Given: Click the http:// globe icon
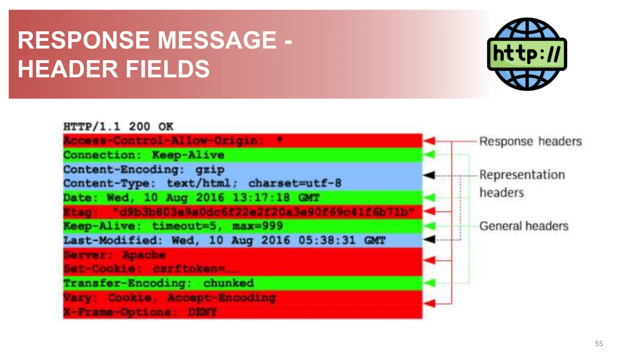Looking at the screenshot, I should pos(527,54).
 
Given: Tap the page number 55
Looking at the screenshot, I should pos(599,344).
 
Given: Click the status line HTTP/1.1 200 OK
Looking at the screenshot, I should pos(118,127).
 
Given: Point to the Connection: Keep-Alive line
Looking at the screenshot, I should pos(144,155).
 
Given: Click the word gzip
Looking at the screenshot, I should pos(210,169).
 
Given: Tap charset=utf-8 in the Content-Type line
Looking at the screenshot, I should pos(295,183).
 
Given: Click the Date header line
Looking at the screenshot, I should pos(191,197).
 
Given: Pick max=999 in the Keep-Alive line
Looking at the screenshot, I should pos(257,226).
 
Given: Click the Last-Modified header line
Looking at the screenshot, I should pos(224,240).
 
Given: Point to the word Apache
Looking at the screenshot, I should pos(144,255).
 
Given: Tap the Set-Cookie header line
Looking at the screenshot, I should pos(150,269).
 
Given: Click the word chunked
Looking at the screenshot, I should pos(228,283).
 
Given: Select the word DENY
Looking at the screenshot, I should pos(202,312).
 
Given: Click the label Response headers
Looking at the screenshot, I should pos(530,141).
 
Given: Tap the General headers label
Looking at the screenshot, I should pos(524,226).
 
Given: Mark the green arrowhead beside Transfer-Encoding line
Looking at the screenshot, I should pos(430,283).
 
